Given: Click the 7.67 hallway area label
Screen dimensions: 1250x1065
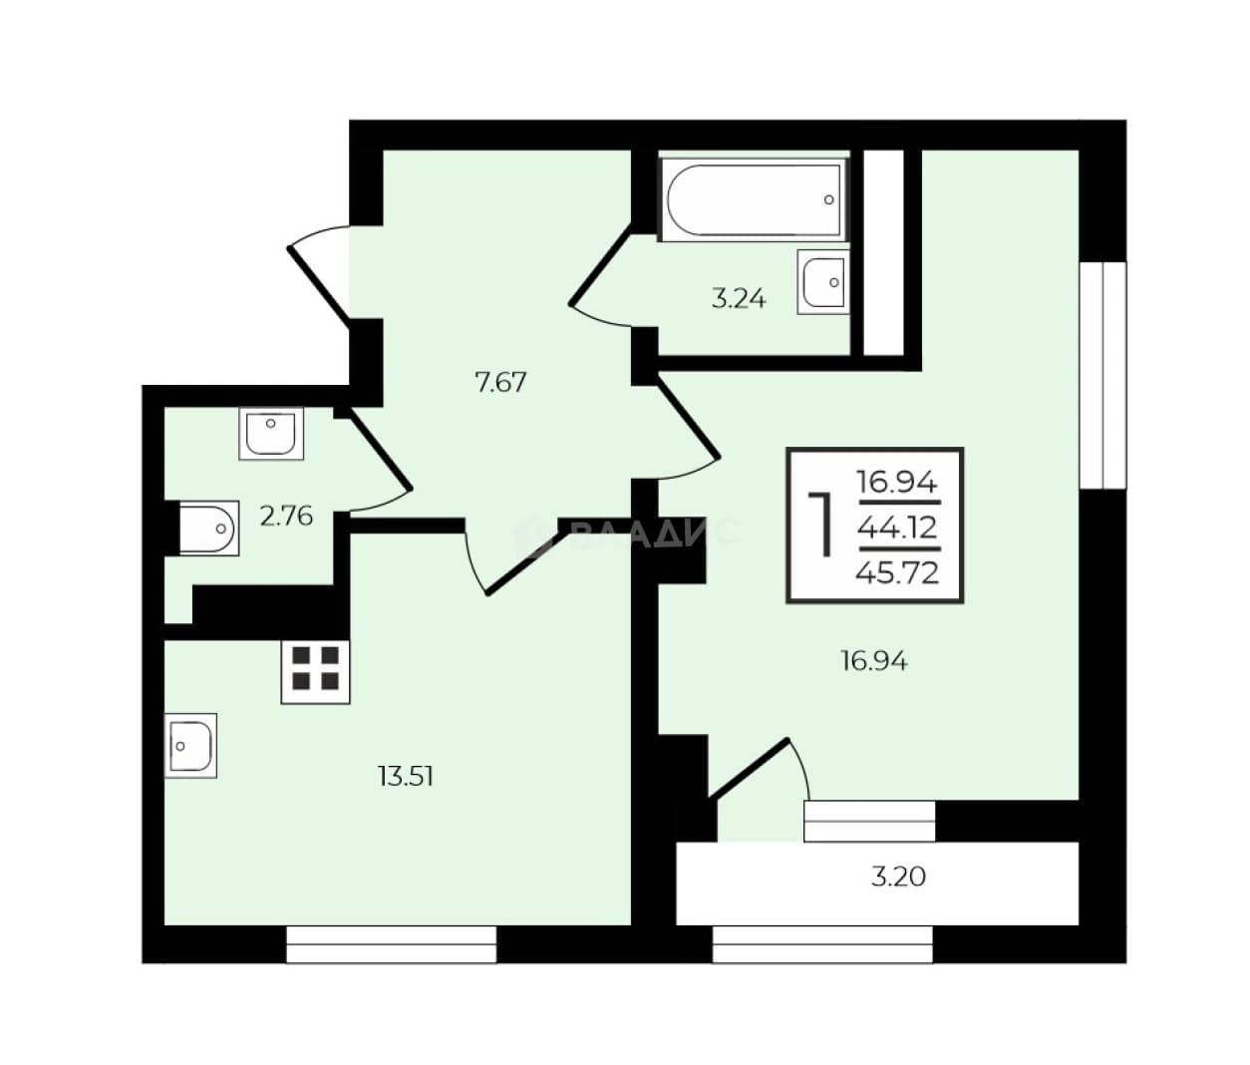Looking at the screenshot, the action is tap(500, 383).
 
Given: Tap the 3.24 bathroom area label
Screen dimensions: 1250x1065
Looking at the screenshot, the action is tap(739, 299).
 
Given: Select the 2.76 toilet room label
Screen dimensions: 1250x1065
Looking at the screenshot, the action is tap(286, 517).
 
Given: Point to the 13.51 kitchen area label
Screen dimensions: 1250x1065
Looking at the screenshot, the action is tap(406, 776).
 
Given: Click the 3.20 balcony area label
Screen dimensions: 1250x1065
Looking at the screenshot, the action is tap(899, 877).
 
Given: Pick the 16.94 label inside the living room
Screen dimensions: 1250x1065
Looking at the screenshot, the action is tap(874, 661).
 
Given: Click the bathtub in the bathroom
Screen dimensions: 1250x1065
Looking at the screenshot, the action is tap(755, 199).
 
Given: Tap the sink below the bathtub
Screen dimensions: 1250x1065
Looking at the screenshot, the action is tap(823, 282).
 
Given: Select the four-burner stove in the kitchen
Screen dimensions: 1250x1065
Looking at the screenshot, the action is tap(315, 672).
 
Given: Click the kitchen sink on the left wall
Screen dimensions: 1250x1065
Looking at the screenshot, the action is tap(190, 746).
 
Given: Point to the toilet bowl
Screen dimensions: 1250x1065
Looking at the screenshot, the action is tap(208, 529).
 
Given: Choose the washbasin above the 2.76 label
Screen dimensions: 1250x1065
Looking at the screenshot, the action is tap(271, 433).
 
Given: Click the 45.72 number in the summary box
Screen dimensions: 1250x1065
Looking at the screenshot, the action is tap(897, 572).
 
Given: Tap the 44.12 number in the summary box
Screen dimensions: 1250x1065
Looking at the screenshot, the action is tap(897, 529).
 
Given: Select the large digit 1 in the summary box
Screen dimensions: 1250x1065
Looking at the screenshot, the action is tap(821, 525).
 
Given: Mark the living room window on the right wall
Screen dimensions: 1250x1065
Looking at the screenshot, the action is tap(1103, 375).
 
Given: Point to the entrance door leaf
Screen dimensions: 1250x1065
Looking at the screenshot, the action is tap(319, 283).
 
